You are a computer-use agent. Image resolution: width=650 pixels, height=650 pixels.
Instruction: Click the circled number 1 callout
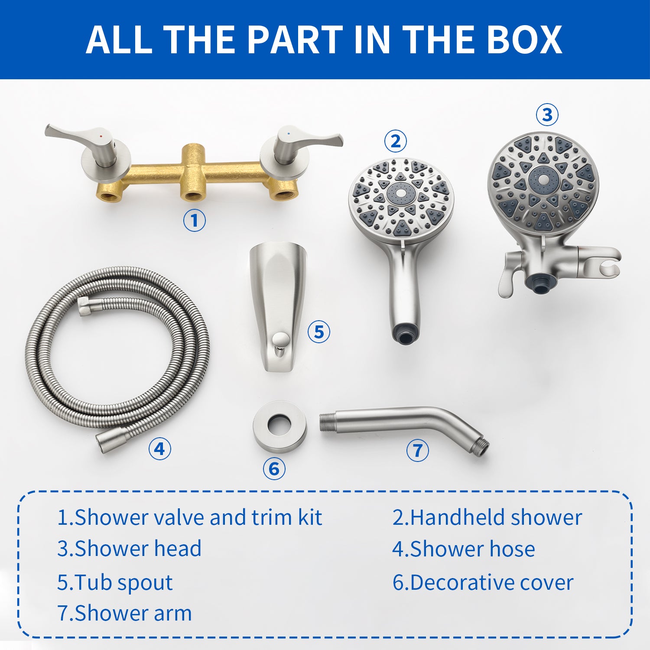pyautogui.click(x=194, y=221)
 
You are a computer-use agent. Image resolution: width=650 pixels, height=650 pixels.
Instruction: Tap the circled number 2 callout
pyautogui.click(x=395, y=141)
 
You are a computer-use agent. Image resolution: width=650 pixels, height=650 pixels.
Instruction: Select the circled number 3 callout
pyautogui.click(x=547, y=115)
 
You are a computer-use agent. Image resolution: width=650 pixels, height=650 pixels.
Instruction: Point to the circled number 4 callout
pyautogui.click(x=159, y=448)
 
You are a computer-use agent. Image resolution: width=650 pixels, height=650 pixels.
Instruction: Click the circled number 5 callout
pyautogui.click(x=319, y=332)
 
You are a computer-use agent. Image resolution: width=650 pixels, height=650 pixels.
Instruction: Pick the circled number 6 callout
pyautogui.click(x=274, y=469)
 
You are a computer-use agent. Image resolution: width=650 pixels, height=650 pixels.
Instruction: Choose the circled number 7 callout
pyautogui.click(x=417, y=450)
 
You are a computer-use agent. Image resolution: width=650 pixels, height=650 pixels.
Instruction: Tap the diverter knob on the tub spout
pyautogui.click(x=280, y=340)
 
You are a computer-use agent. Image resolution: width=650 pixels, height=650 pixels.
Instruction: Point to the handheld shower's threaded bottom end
pyautogui.click(x=404, y=334)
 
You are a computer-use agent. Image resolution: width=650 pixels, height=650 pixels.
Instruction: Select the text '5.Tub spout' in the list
pyautogui.click(x=115, y=582)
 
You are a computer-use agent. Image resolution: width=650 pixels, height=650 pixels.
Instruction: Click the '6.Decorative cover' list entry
pyautogui.click(x=483, y=582)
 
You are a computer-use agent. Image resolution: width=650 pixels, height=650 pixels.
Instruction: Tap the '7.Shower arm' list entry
pyautogui.click(x=124, y=613)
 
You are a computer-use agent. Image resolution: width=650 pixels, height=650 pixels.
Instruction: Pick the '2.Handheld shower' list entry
pyautogui.click(x=487, y=517)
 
